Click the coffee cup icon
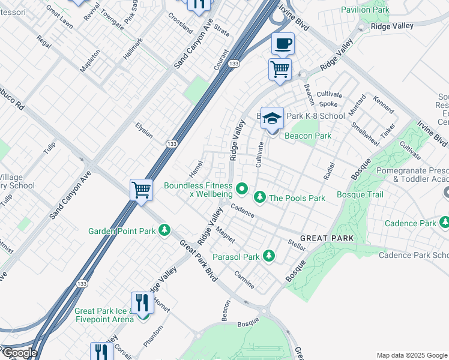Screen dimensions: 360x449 click(283, 44)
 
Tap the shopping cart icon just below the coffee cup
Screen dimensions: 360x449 click(280, 69)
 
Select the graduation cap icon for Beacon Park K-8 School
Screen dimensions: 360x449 click(272, 118)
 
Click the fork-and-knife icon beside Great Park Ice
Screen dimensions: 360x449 click(142, 302)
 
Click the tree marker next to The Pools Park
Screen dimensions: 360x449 click(260, 197)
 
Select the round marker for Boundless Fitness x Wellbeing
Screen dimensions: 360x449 click(242, 190)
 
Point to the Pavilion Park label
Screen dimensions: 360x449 click(365, 10)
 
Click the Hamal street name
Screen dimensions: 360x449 click(195, 163)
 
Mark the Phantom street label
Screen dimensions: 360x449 click(153, 335)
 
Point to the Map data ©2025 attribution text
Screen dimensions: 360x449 click(411, 355)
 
